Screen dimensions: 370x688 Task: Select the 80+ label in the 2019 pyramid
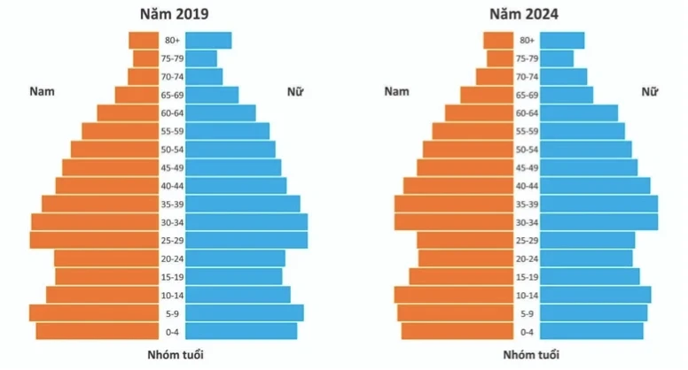(172, 40)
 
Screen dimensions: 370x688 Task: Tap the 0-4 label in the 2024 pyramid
(527, 331)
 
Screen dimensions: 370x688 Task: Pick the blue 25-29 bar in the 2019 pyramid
(246, 240)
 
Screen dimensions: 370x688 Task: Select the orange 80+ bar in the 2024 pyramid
(497, 40)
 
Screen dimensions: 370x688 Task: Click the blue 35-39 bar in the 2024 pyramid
(598, 204)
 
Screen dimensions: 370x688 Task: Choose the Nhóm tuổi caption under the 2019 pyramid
(172, 355)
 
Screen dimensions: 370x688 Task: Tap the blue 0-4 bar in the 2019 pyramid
(241, 331)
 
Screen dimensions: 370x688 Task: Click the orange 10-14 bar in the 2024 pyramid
(453, 295)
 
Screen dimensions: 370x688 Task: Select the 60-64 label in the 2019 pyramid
(172, 112)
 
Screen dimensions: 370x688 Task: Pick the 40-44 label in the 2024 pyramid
(527, 185)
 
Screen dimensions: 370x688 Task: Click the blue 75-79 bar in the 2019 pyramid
(201, 58)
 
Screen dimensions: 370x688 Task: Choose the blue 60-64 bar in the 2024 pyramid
(578, 112)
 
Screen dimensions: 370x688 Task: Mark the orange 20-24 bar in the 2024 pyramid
(465, 258)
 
